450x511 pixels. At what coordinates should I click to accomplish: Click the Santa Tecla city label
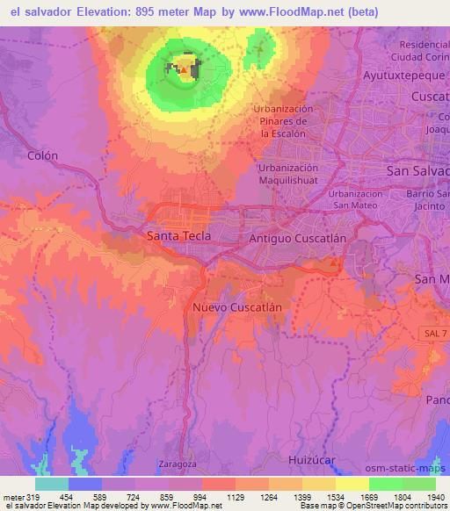click(179, 236)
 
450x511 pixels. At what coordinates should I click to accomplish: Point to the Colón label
click(43, 155)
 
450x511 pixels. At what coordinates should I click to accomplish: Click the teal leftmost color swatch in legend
click(52, 484)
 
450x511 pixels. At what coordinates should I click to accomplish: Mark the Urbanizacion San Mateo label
click(356, 199)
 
